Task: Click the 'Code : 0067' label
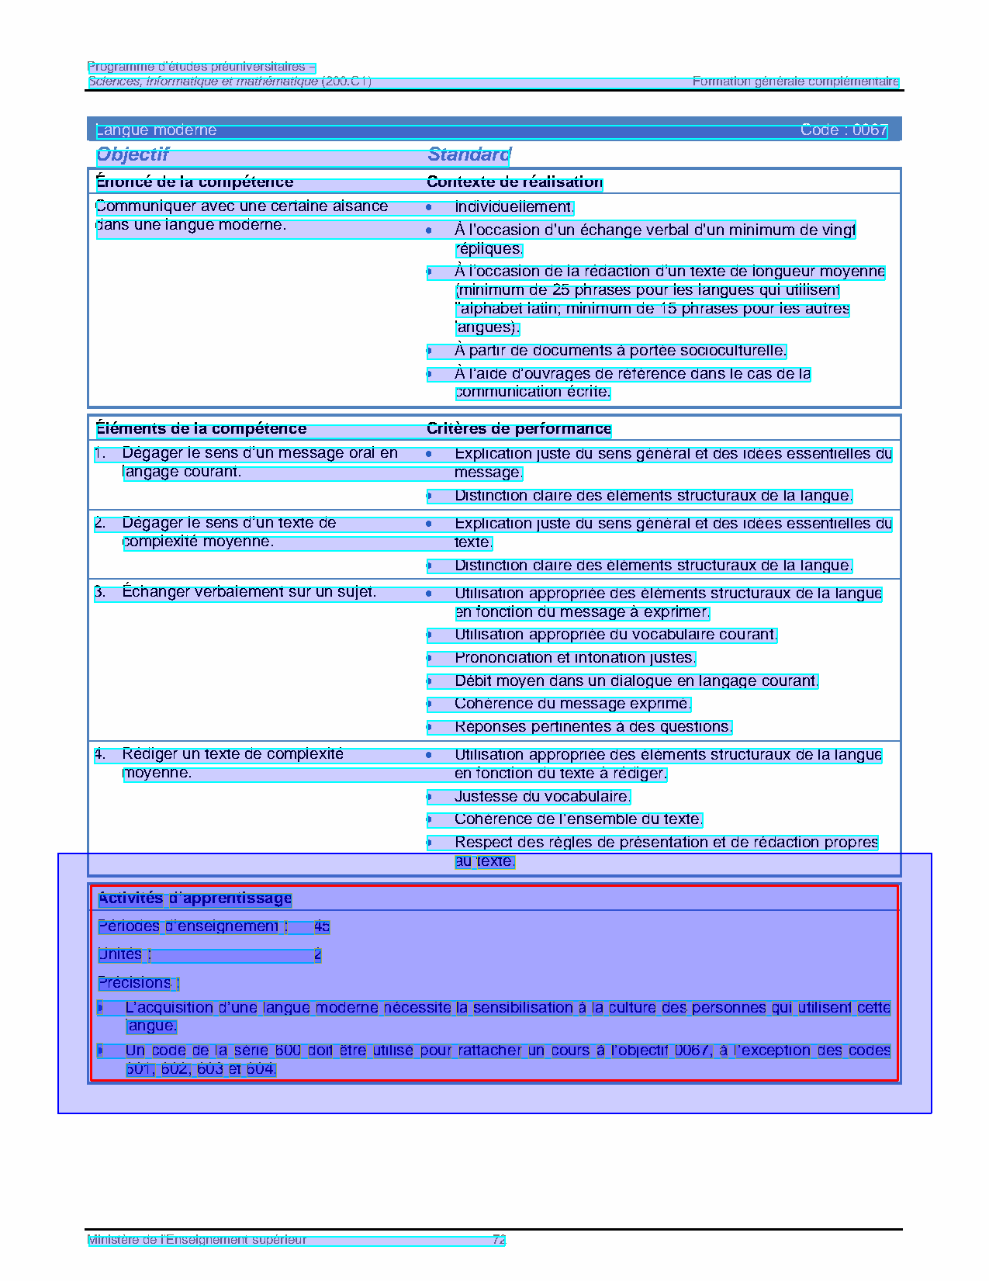tap(843, 130)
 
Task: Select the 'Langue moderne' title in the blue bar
tap(156, 130)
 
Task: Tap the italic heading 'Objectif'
tap(133, 154)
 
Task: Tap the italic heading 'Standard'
tap(469, 154)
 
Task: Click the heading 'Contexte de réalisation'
tap(514, 182)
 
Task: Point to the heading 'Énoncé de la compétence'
tap(195, 182)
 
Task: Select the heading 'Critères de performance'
tap(519, 429)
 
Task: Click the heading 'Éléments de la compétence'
tap(201, 429)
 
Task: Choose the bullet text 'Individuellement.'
tap(514, 207)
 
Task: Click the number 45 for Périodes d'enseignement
tap(322, 926)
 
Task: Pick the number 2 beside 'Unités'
tap(317, 954)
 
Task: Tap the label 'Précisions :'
tap(138, 983)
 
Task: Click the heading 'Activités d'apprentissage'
tap(195, 898)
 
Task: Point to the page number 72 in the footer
tap(499, 1240)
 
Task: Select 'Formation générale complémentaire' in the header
tap(795, 81)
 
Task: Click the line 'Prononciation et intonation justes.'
tap(575, 658)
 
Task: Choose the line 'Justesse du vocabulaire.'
tap(542, 797)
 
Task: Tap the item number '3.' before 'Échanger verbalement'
tap(100, 593)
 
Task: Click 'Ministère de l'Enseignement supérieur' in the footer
tap(197, 1240)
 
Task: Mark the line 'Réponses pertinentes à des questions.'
tap(593, 727)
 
